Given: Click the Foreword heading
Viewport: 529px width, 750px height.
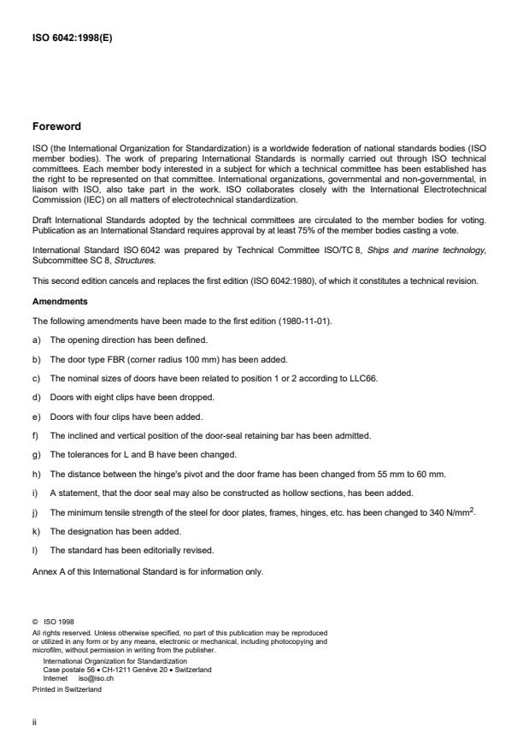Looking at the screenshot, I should click(56, 127).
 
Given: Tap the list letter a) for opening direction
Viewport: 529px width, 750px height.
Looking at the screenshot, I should click(37, 340).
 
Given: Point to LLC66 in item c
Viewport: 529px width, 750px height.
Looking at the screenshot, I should click(362, 378).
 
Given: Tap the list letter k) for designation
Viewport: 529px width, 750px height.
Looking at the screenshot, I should click(37, 530).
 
